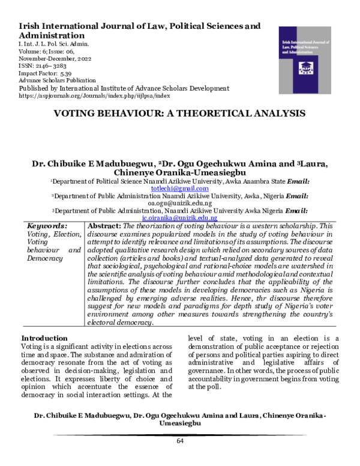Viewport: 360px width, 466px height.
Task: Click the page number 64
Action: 179,441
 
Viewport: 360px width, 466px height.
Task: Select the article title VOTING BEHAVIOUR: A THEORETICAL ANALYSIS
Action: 180,113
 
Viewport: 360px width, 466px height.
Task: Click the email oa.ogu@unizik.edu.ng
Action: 179,204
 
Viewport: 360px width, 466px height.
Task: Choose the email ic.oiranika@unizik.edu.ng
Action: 179,219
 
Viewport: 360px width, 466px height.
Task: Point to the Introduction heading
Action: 44,338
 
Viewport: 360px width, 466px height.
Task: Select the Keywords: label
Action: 47,226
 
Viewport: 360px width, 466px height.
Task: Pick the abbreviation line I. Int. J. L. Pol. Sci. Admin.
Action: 55,44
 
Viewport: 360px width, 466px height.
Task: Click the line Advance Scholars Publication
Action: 58,80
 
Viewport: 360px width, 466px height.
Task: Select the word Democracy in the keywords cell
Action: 46,258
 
